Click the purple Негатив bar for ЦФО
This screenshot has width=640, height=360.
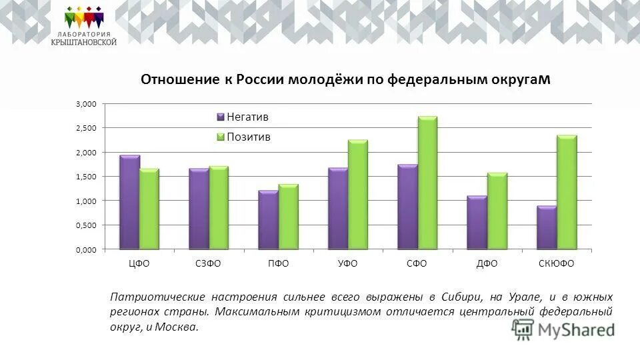(x=129, y=203)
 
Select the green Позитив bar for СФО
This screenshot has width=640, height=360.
(x=427, y=183)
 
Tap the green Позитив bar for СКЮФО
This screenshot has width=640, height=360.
(x=567, y=193)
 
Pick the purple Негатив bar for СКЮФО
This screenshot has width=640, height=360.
(x=547, y=227)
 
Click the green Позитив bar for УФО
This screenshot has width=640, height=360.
(x=358, y=195)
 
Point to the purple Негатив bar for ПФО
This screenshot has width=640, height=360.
(x=268, y=220)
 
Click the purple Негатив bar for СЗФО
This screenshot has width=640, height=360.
(x=199, y=209)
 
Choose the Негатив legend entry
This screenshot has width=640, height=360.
(x=243, y=117)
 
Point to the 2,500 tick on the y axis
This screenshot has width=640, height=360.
(x=86, y=128)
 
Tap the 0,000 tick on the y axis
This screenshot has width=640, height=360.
(x=86, y=249)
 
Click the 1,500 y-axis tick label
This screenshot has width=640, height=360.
(x=86, y=177)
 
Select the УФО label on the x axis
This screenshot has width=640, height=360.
(x=347, y=263)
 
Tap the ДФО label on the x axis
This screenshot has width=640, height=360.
(x=487, y=263)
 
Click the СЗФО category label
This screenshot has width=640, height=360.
(x=208, y=263)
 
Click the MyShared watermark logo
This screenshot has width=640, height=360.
(x=563, y=329)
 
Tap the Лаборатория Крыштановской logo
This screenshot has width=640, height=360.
(x=84, y=27)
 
